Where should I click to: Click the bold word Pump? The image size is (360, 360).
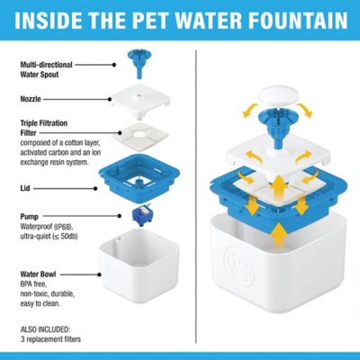coord(29,217)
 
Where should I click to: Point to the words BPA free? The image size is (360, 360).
coord(35,283)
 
